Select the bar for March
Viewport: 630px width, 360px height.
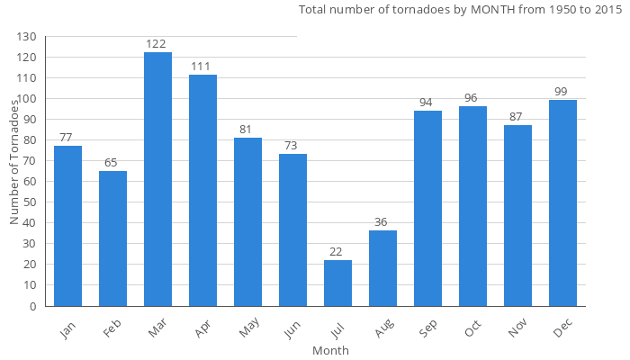[157, 179]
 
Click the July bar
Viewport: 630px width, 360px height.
[337, 283]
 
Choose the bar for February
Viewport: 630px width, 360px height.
[112, 238]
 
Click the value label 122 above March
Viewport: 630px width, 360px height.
[157, 43]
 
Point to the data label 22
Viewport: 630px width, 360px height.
[337, 251]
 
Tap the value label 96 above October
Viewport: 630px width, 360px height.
[472, 97]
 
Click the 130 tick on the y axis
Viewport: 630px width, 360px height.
[27, 37]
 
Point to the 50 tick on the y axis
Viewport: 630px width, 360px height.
[31, 202]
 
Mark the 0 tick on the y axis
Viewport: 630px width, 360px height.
[33, 306]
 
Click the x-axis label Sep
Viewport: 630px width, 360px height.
[428, 329]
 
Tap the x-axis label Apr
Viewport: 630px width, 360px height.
[202, 329]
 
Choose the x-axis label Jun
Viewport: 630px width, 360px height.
[292, 329]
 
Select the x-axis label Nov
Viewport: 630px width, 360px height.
[517, 329]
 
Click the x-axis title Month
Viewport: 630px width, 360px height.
[330, 350]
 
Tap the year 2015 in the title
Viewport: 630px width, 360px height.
[607, 11]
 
